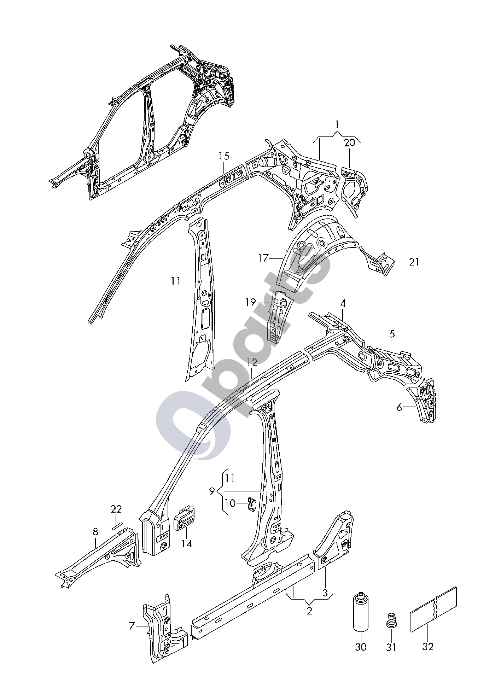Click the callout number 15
[224, 156]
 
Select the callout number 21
[414, 262]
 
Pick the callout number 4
[343, 303]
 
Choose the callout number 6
[399, 408]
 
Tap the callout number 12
[252, 362]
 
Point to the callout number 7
[132, 626]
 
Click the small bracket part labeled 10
[251, 504]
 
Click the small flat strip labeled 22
[117, 525]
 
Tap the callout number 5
[392, 334]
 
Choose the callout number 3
[325, 592]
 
